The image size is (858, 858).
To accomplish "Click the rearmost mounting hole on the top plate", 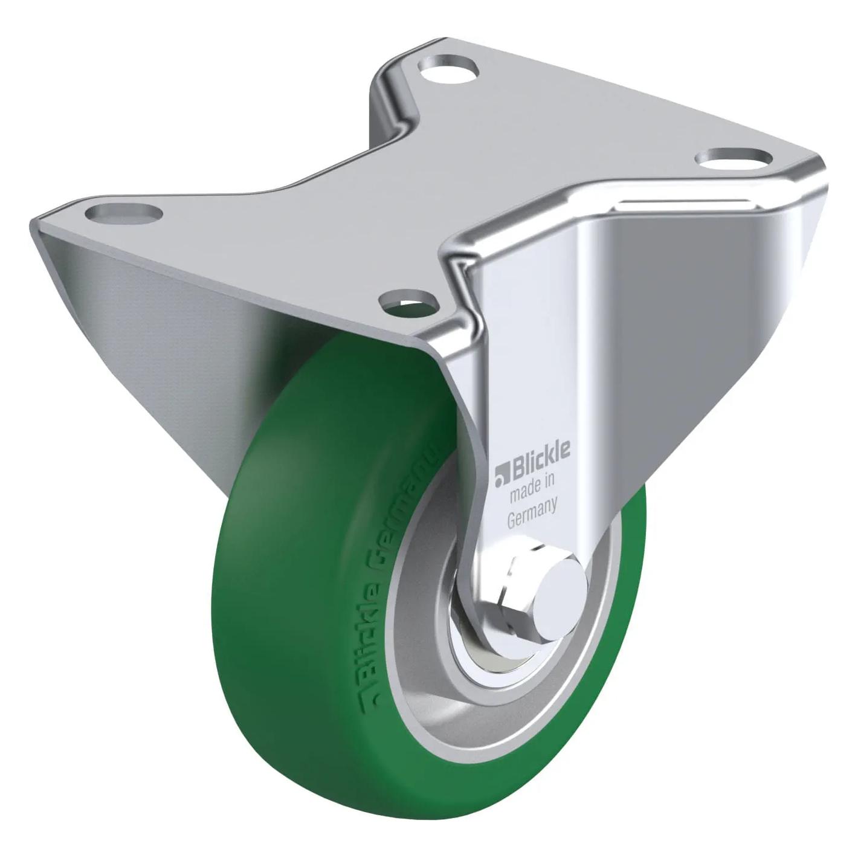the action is [x=448, y=68].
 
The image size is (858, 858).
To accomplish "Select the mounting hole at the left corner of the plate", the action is [x=124, y=213].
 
